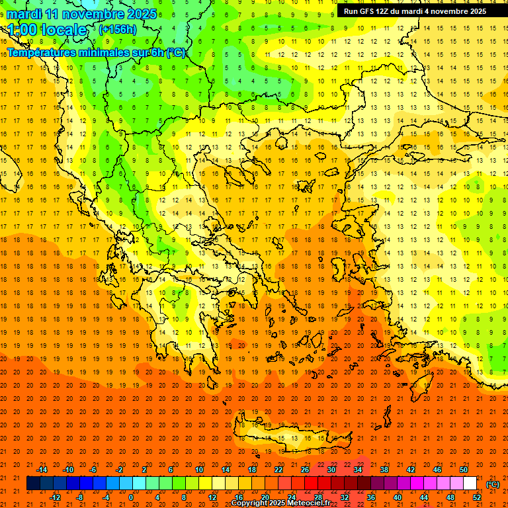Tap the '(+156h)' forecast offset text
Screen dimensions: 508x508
coord(117,29)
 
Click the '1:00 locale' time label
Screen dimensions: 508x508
coord(47,30)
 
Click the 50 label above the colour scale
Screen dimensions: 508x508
coord(464,470)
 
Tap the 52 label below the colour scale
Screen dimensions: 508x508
coord(477,497)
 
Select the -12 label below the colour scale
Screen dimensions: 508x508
coord(55,497)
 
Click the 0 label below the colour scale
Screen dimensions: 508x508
coord(131,497)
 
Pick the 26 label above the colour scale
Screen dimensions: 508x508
coord(305,470)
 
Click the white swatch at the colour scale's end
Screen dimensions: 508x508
coord(470,484)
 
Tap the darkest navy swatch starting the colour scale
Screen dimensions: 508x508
coord(33,484)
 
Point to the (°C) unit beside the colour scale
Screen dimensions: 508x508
coord(493,484)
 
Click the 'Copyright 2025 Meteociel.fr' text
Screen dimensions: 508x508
coord(280,503)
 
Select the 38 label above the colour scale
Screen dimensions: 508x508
coord(384,470)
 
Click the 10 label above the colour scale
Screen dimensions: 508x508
coord(198,470)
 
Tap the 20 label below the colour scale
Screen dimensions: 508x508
coord(265,497)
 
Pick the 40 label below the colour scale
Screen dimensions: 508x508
coord(398,497)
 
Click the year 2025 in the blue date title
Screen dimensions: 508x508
coord(142,14)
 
